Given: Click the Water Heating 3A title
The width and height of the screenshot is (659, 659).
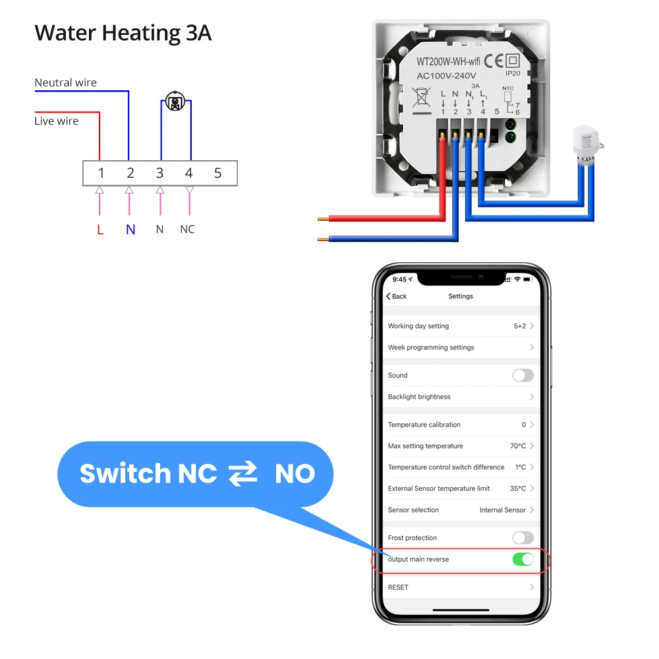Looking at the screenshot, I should pos(123,33).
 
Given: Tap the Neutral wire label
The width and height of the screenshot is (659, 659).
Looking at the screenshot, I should pos(65,82).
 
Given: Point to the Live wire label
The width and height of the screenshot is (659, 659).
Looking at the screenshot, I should pos(56,121).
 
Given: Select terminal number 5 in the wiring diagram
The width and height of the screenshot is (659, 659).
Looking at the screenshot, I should pos(218,173).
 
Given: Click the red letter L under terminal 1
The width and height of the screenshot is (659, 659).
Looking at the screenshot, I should pos(100,229).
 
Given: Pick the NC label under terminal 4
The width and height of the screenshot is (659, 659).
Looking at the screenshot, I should pos(188,229).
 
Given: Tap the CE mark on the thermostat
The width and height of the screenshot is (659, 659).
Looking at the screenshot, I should pos(494,61).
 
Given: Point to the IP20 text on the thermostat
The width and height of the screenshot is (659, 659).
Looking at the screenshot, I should pos(513,74).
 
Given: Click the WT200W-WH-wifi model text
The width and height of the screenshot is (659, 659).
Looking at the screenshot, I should pos(447,61).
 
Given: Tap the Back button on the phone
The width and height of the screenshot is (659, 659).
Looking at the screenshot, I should pos(397,296).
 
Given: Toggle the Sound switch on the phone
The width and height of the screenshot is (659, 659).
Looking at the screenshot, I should pos(523,375).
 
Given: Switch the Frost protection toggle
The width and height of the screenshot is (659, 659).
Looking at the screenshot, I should pos(523,538).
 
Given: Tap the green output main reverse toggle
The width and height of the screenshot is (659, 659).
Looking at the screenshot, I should pos(523,559).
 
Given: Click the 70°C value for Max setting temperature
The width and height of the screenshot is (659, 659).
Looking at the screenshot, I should pos(517,446).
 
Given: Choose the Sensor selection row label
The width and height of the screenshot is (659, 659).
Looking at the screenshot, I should pos(413,510).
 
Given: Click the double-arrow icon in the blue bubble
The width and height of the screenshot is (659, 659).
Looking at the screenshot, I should pos(243,474).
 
